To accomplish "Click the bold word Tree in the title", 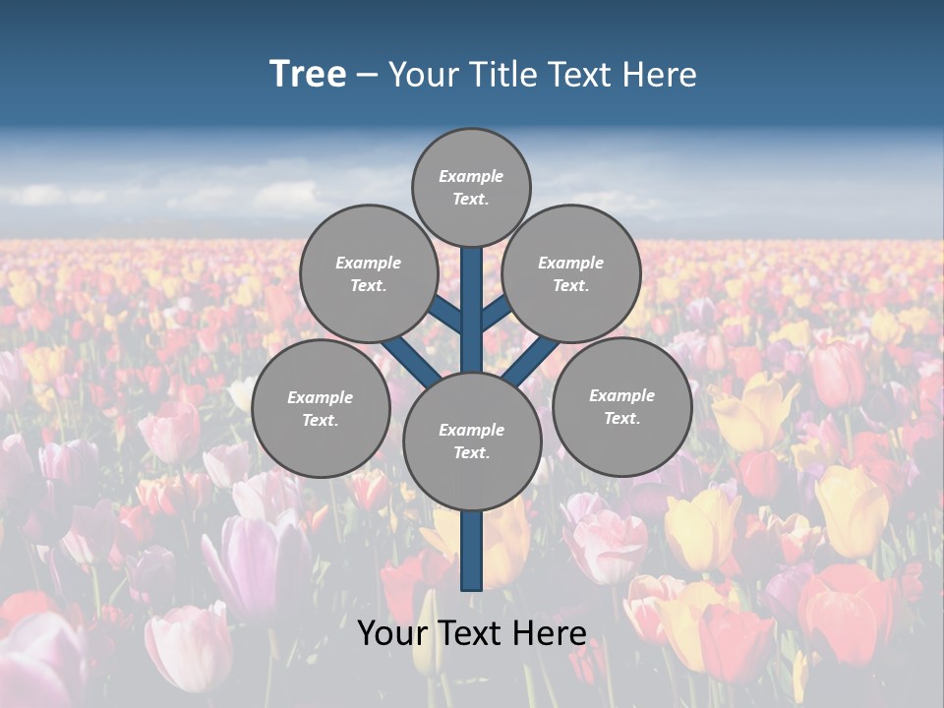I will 308,75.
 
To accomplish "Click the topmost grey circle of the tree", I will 471,187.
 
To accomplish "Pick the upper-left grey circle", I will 369,273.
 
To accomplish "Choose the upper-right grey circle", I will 571,273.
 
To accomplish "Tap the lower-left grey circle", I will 321,409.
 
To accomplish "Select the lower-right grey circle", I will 622,406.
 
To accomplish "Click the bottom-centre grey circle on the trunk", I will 472,442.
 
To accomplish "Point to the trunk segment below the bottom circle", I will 472,551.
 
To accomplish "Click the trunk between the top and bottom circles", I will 472,310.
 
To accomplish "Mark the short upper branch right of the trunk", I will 496,314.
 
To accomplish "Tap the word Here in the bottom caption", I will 549,633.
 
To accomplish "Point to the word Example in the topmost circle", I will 471,176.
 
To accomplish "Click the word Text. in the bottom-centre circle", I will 471,453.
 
